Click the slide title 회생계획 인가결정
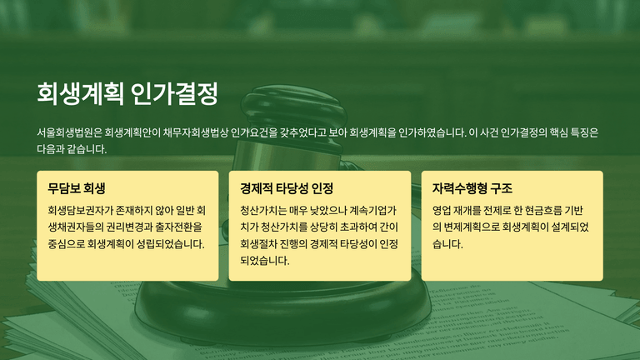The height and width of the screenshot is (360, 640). click(x=127, y=94)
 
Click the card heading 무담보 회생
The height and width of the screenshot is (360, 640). click(x=77, y=188)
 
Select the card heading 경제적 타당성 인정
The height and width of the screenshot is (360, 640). click(x=287, y=188)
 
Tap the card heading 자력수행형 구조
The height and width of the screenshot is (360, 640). click(x=472, y=188)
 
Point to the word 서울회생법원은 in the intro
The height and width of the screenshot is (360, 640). click(x=69, y=132)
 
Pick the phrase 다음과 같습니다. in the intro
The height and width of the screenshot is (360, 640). click(x=72, y=149)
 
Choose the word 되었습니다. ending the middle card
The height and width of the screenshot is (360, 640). click(x=264, y=261)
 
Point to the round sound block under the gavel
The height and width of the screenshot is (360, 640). click(x=282, y=310)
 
